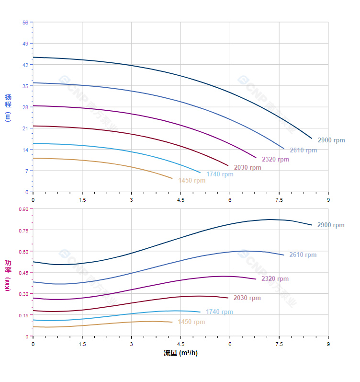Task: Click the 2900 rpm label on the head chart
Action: pos(331,140)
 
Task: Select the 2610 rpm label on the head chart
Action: pos(303,150)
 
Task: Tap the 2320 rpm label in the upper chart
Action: pos(275,159)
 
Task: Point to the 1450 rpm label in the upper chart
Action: pos(191,181)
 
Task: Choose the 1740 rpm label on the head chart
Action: pos(220,174)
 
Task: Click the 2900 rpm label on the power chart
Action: pos(331,225)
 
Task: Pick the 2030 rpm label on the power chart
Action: pos(247,298)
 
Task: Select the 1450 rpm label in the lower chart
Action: pos(191,322)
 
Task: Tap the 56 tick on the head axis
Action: pos(25,23)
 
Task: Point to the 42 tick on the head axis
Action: pos(25,65)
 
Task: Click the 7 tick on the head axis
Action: pos(26,171)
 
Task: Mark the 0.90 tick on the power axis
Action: pos(23,209)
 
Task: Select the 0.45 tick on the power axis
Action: pos(23,273)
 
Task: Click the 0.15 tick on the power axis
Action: pos(23,315)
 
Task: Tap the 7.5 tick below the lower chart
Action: pos(279,344)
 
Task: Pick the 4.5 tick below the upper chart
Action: pos(180,199)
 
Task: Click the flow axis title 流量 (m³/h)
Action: pos(180,353)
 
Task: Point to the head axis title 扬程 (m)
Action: pos(8,108)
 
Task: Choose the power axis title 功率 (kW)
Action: pos(8,275)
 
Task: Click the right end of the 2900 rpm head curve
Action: pos(312,139)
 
